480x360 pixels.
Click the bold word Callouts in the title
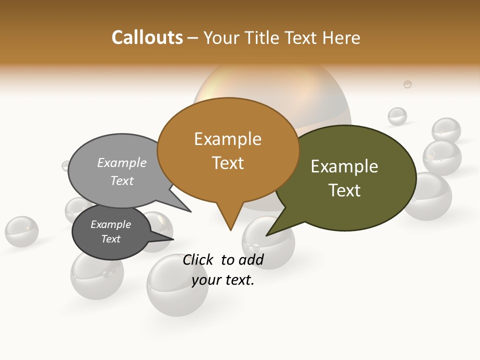click(x=147, y=37)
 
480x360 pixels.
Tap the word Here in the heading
click(x=341, y=38)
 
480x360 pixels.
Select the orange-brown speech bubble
click(x=228, y=150)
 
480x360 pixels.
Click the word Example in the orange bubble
click(x=228, y=139)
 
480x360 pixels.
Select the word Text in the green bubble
click(x=345, y=190)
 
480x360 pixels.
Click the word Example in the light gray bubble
click(x=122, y=163)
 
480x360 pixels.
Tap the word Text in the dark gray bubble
click(x=111, y=239)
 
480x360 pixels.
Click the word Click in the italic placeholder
click(x=197, y=259)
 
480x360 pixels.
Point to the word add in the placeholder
click(x=251, y=259)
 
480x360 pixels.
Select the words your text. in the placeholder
click(x=223, y=280)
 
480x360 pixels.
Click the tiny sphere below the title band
click(x=407, y=84)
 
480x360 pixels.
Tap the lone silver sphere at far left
click(x=21, y=231)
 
